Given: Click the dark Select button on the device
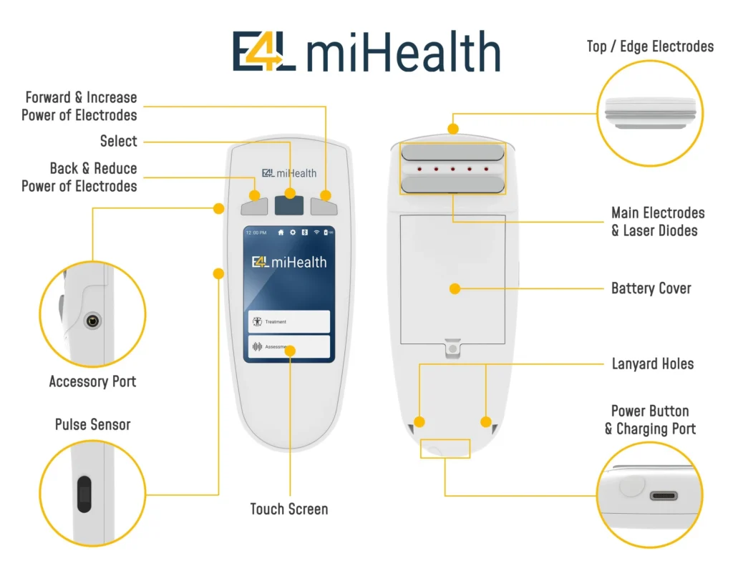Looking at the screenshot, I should pyautogui.click(x=289, y=203).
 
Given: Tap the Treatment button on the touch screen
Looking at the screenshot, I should pyautogui.click(x=289, y=322).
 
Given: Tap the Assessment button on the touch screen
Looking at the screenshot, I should pyautogui.click(x=289, y=347).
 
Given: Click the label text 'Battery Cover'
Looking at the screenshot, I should pyautogui.click(x=651, y=288).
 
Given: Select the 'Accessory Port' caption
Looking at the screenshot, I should pyautogui.click(x=92, y=381).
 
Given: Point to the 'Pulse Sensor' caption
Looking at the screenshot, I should pyautogui.click(x=92, y=424).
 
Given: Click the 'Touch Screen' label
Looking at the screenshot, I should pyautogui.click(x=288, y=509).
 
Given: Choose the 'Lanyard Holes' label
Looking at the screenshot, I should pyautogui.click(x=652, y=363).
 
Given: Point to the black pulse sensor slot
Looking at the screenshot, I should pyautogui.click(x=84, y=494).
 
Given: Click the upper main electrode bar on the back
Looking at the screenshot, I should pyautogui.click(x=452, y=152).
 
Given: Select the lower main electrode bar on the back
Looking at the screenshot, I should pyautogui.click(x=452, y=185).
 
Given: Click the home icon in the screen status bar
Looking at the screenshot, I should pyautogui.click(x=281, y=233).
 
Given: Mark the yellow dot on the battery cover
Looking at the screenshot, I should pyautogui.click(x=454, y=288).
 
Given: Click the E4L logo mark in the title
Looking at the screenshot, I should pyautogui.click(x=264, y=52).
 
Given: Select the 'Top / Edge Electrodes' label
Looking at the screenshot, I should pyautogui.click(x=650, y=47).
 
